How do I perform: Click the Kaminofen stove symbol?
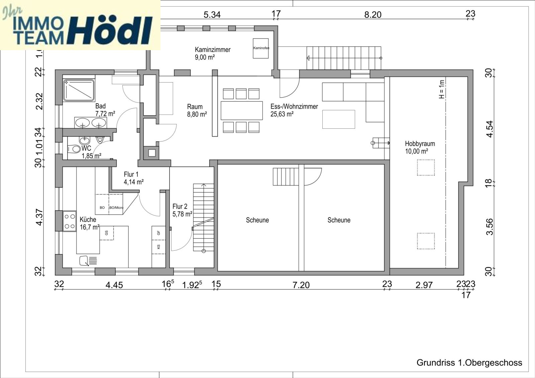(261, 48)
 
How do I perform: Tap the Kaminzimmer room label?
(213, 50)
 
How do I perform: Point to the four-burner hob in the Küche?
(70, 221)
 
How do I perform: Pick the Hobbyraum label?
(420, 144)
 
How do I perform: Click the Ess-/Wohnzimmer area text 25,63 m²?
(282, 114)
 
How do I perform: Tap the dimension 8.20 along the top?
(372, 15)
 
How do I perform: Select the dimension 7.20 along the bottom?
(301, 285)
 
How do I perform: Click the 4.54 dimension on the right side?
(490, 129)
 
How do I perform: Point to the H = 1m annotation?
(442, 89)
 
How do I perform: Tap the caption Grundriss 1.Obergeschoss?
(469, 363)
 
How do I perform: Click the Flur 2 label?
(180, 207)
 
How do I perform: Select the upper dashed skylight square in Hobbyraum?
(426, 168)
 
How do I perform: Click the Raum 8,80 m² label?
(197, 111)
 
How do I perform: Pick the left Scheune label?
(257, 220)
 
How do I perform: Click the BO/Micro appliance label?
(116, 208)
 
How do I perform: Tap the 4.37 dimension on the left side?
(39, 217)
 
